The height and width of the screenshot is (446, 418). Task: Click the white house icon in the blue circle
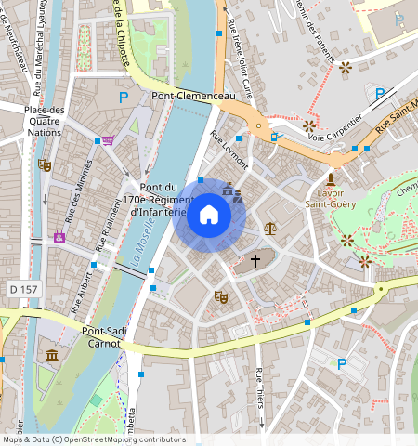[x=209, y=216]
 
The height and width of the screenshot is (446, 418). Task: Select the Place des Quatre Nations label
[x=45, y=121]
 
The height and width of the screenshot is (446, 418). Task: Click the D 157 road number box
[x=20, y=291]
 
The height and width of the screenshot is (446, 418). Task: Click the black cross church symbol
[x=255, y=261]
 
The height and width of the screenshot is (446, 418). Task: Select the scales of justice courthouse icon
[x=270, y=227]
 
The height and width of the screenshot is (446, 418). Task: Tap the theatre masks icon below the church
[x=221, y=296]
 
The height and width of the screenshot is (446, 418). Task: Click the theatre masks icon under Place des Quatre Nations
[x=44, y=164]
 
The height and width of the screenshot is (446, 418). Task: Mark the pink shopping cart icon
[x=108, y=141]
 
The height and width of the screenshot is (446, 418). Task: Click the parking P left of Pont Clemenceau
[x=123, y=97]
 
